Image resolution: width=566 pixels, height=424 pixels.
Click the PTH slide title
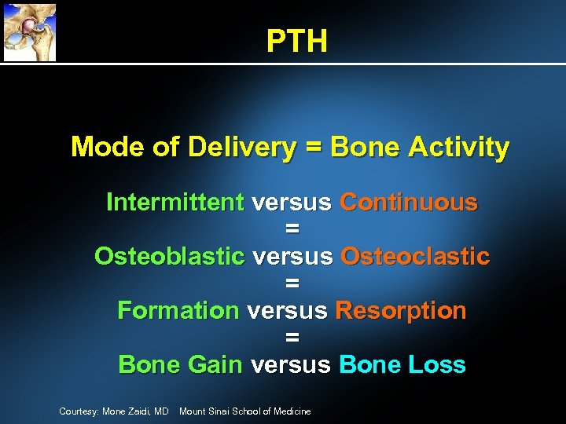[x=296, y=41]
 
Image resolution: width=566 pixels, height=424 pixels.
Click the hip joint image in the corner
[x=29, y=31]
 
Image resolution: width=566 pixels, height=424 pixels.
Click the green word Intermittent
[x=175, y=203]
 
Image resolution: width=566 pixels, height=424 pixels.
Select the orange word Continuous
[x=408, y=203]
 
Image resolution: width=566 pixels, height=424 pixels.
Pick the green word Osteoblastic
[x=169, y=256]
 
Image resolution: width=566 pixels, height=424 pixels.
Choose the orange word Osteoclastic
[x=415, y=256]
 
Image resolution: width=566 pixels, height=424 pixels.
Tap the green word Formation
[x=178, y=310]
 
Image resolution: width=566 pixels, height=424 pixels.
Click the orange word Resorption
[x=400, y=310]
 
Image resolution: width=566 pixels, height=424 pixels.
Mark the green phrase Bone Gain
[x=179, y=365]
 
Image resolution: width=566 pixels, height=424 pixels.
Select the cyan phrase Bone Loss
[x=402, y=365]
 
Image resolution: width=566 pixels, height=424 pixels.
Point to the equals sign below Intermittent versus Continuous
[x=292, y=229]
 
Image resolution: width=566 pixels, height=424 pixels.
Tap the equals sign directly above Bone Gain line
[x=292, y=338]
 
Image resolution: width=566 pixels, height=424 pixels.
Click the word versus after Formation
[x=286, y=310]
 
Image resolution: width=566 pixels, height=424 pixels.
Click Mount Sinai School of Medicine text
[x=244, y=411]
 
